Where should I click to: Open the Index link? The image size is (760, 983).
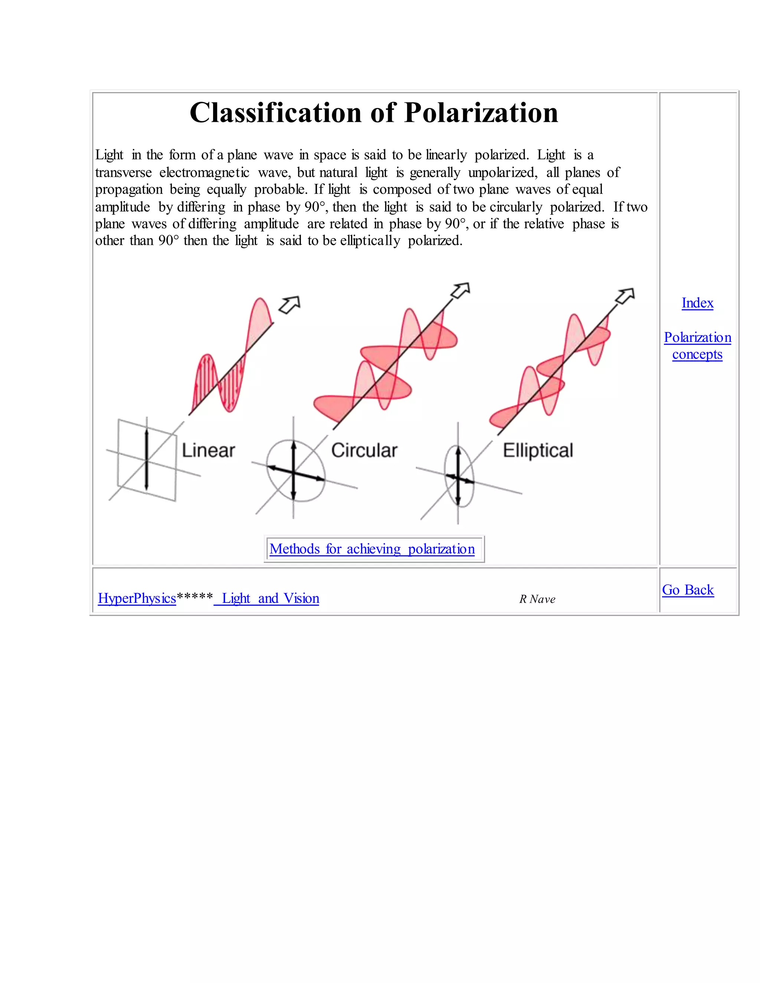(x=697, y=303)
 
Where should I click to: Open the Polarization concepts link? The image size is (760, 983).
(x=697, y=346)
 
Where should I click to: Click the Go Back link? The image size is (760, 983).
(x=688, y=590)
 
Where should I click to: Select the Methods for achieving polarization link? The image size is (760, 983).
(x=372, y=549)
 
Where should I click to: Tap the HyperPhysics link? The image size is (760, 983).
(x=137, y=598)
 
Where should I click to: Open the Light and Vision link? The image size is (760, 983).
(x=270, y=598)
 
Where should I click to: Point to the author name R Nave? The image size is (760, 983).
(x=537, y=599)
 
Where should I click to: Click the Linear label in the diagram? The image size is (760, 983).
(x=208, y=450)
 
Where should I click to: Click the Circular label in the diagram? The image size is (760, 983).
(x=364, y=450)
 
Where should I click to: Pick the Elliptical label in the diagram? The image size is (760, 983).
(x=538, y=450)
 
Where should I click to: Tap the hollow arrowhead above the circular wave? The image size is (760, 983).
(x=461, y=290)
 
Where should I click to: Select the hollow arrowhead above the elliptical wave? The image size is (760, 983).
(x=625, y=296)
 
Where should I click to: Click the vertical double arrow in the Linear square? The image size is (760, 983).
(x=146, y=460)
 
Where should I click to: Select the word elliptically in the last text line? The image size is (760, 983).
(x=370, y=241)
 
